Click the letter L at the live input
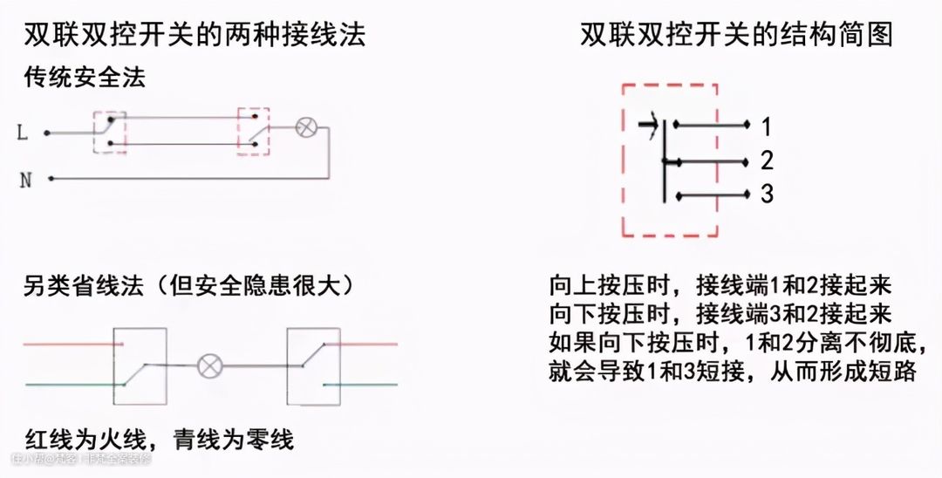click(x=22, y=133)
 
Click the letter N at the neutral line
click(x=25, y=181)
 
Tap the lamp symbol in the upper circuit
click(x=305, y=126)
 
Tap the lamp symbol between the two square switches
click(x=209, y=365)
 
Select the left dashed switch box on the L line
click(x=110, y=132)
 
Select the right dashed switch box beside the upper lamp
click(x=254, y=132)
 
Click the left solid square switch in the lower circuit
click(x=140, y=365)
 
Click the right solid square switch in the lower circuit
click(x=313, y=365)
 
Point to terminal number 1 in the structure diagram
click(x=766, y=127)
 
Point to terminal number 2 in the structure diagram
click(x=767, y=161)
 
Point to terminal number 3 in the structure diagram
click(x=767, y=195)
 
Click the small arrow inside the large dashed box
click(x=647, y=126)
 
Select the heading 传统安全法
click(x=85, y=78)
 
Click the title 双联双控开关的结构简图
click(x=737, y=35)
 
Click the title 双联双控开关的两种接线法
click(x=195, y=35)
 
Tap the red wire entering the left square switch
click(x=70, y=344)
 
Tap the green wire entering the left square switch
click(x=70, y=385)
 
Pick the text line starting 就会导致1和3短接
click(x=733, y=372)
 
